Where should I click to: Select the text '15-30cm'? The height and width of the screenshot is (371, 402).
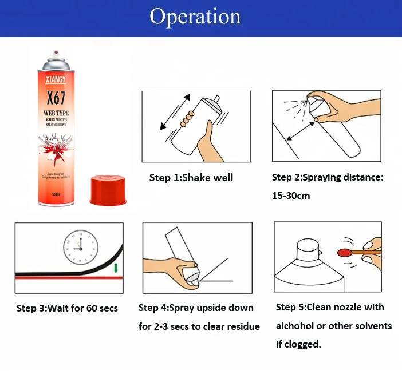click(x=291, y=196)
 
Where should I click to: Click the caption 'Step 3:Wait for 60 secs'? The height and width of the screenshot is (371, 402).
click(x=67, y=308)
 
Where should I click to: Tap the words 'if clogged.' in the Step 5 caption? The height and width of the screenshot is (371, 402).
click(x=298, y=344)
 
